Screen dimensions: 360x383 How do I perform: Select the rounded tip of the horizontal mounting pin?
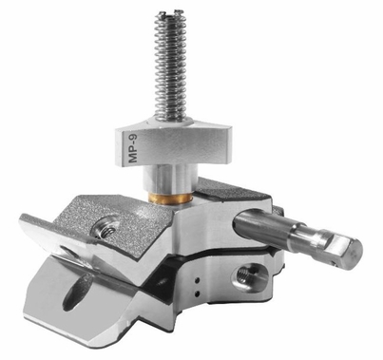click(x=348, y=249)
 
